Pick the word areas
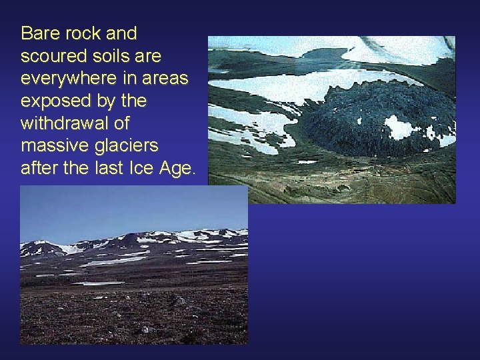click(x=165, y=79)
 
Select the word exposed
click(x=53, y=102)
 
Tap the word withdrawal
click(x=66, y=124)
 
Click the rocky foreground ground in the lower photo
click(x=133, y=313)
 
